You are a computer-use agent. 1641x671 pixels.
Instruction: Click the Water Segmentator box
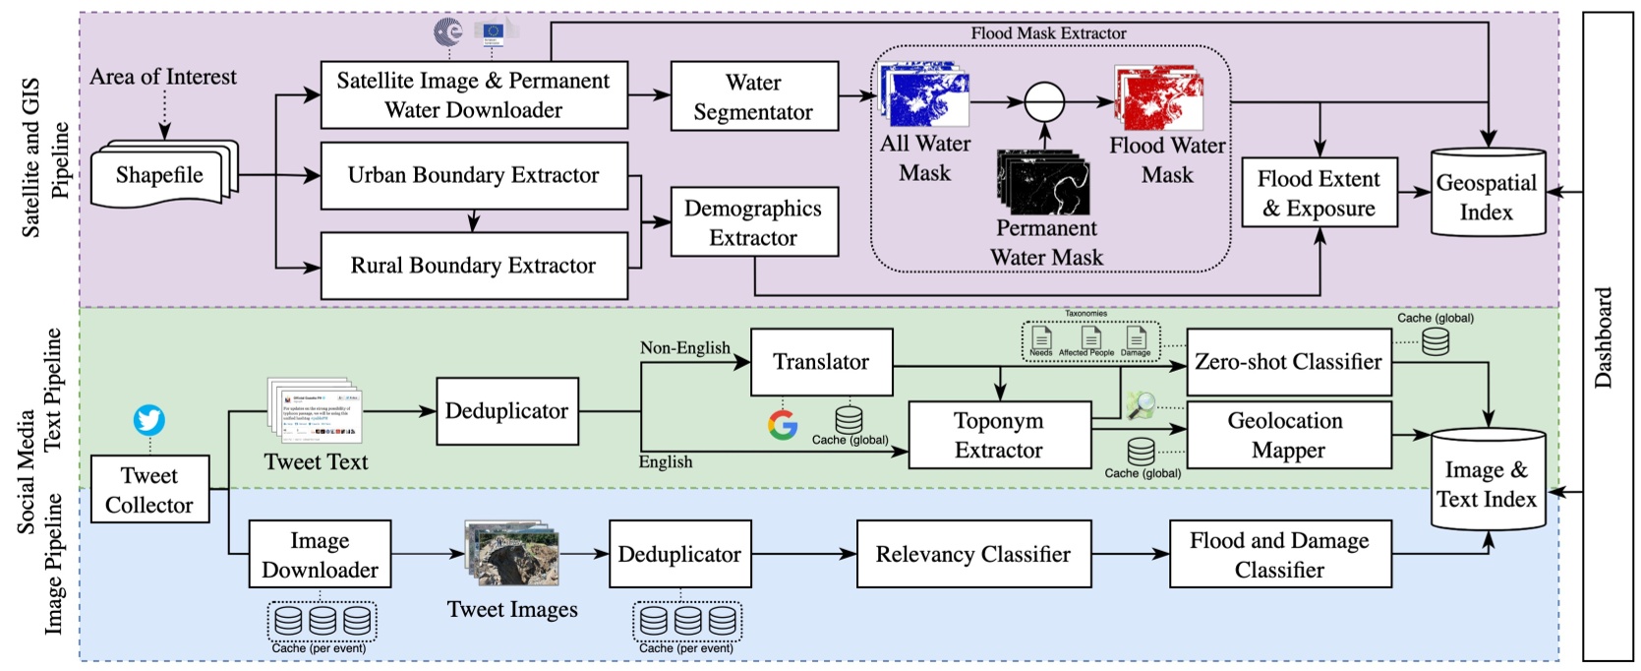pyautogui.click(x=754, y=96)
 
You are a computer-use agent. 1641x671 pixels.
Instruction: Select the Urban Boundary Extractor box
pyautogui.click(x=474, y=175)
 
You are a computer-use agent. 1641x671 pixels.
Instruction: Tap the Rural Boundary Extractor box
pyautogui.click(x=474, y=266)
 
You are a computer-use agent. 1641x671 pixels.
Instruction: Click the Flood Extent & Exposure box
pyautogui.click(x=1319, y=193)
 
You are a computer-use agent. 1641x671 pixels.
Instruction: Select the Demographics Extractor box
pyautogui.click(x=754, y=222)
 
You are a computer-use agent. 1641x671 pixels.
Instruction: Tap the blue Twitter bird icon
pyautogui.click(x=149, y=420)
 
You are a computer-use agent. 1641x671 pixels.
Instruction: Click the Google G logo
pyautogui.click(x=783, y=425)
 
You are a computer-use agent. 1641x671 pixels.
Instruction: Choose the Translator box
pyautogui.click(x=821, y=362)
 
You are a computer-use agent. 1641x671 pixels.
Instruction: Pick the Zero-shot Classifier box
pyautogui.click(x=1288, y=362)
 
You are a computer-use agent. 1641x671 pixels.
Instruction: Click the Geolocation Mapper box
pyautogui.click(x=1288, y=435)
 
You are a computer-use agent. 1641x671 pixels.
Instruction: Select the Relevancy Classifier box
pyautogui.click(x=973, y=554)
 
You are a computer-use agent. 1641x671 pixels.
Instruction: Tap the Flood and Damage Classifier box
pyautogui.click(x=1279, y=554)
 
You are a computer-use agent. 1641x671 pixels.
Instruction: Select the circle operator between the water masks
pyautogui.click(x=1044, y=101)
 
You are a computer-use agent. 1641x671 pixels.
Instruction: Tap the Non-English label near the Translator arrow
pyautogui.click(x=684, y=348)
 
